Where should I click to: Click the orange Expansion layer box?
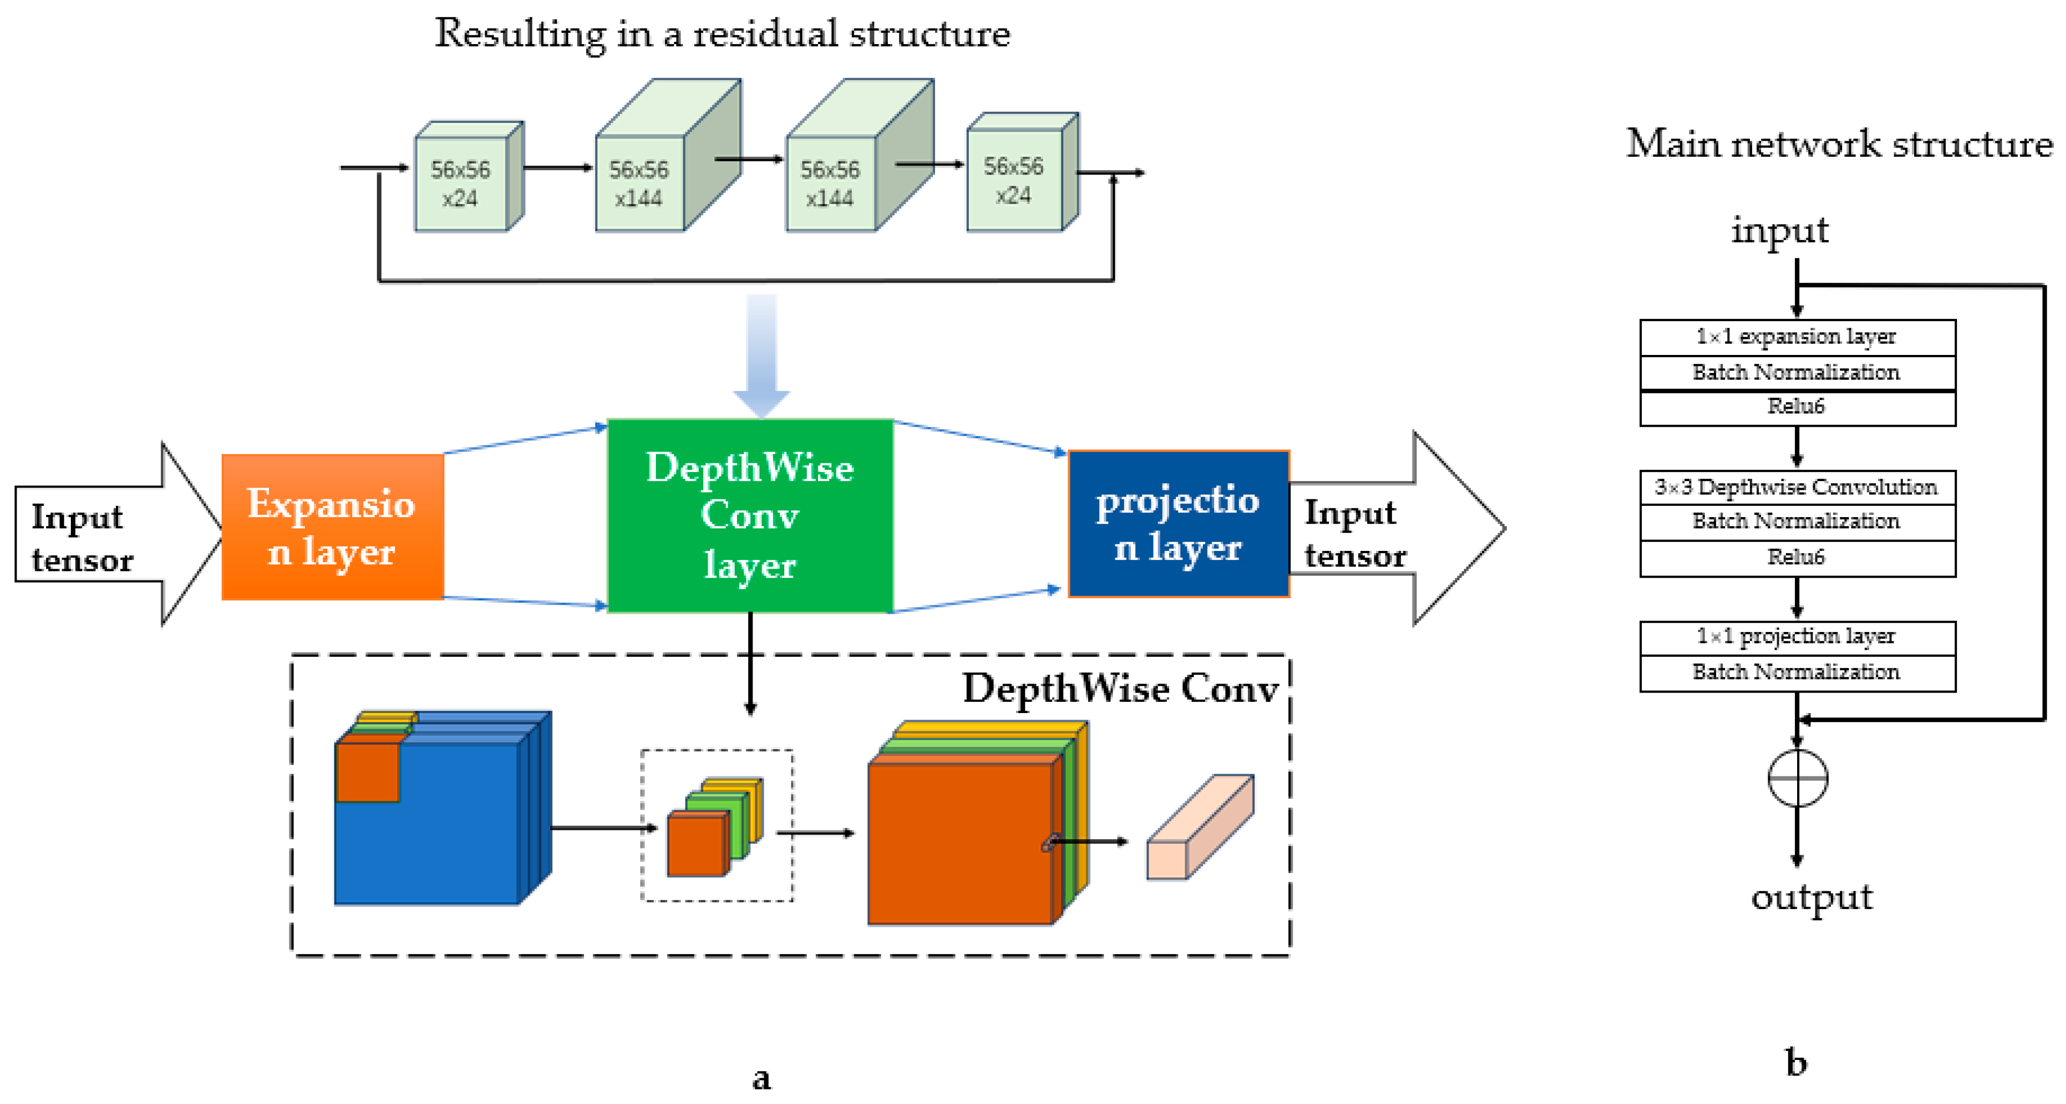[332, 527]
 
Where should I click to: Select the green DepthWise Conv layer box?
[750, 516]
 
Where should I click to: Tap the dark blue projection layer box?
[1178, 524]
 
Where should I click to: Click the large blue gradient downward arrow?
[761, 353]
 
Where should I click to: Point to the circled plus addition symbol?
[1797, 778]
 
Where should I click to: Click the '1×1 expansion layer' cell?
[1797, 337]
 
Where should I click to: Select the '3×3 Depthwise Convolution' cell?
[1797, 487]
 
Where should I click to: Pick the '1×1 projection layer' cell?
[1797, 637]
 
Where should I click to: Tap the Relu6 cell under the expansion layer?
[1797, 408]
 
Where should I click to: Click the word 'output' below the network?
[1811, 896]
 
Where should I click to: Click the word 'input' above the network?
[1779, 230]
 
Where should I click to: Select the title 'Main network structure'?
[1838, 144]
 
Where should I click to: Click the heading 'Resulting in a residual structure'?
[722, 34]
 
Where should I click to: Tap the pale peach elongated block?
[1199, 828]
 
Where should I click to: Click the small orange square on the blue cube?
[367, 772]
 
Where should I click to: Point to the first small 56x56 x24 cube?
[461, 184]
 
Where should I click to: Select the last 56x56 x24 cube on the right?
[1014, 180]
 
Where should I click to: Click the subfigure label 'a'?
[761, 1078]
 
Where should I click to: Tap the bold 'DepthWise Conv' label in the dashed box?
[1120, 688]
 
